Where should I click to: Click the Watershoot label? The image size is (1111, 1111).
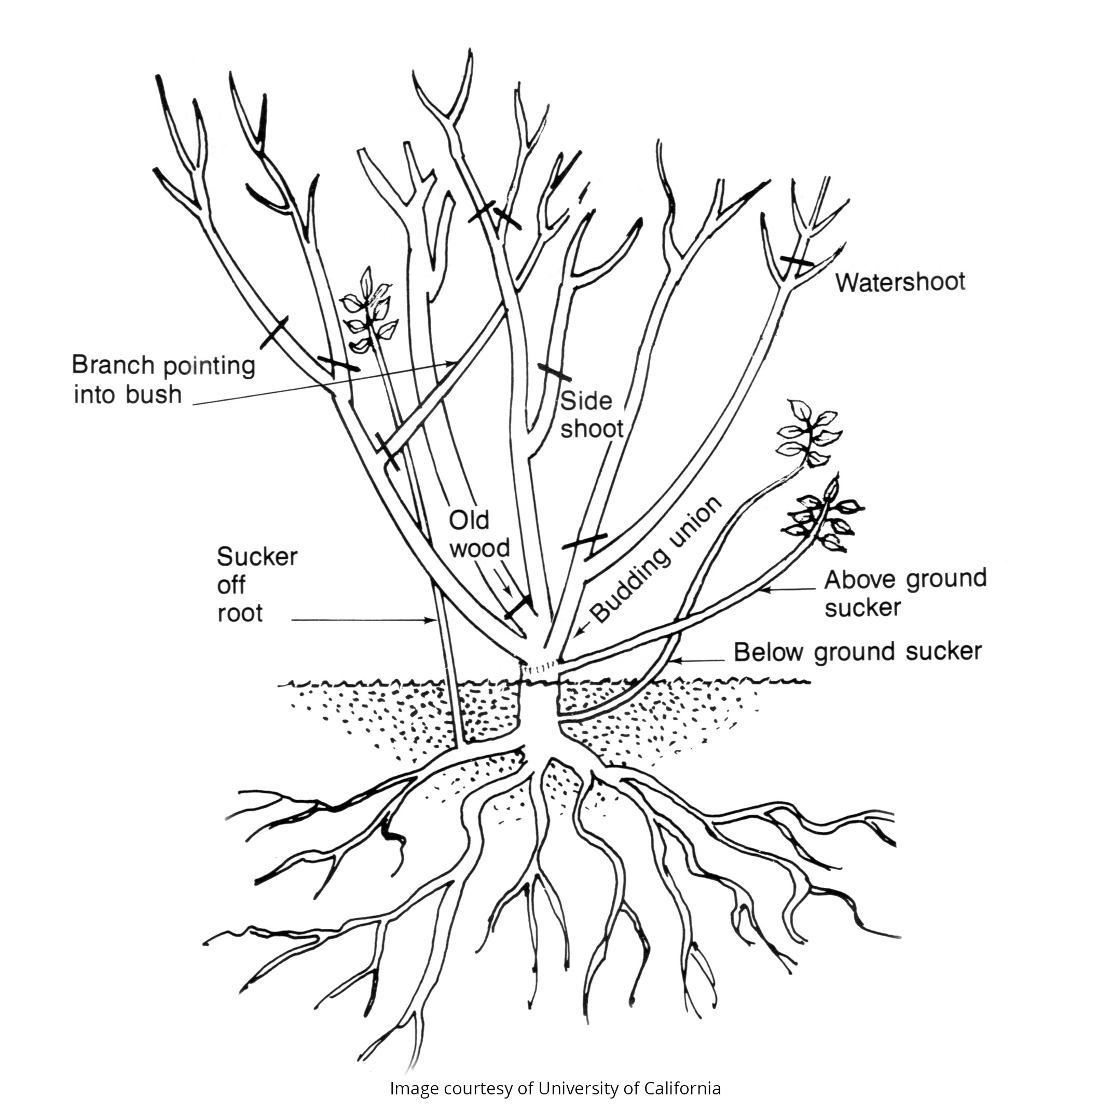click(x=900, y=282)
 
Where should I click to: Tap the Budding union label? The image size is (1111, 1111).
click(x=655, y=559)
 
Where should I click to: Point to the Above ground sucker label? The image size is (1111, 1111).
click(x=905, y=592)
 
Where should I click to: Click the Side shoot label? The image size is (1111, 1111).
click(x=592, y=415)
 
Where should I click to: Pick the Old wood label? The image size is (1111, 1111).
click(x=479, y=534)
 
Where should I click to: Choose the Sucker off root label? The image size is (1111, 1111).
click(x=257, y=585)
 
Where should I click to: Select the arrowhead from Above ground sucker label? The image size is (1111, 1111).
click(x=764, y=589)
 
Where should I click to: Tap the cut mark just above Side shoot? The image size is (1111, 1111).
click(x=554, y=372)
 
